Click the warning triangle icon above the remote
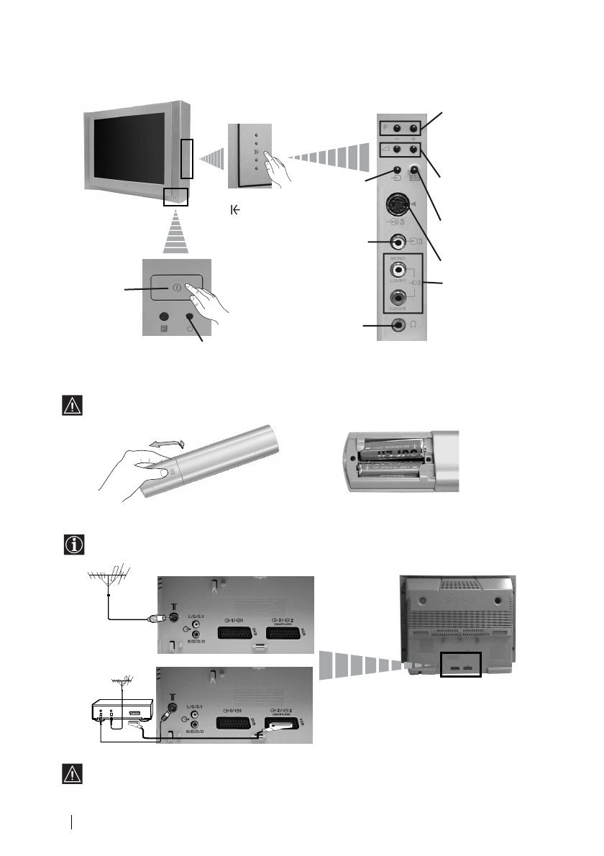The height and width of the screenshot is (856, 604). (73, 406)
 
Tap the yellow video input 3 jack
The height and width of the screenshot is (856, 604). (394, 243)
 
